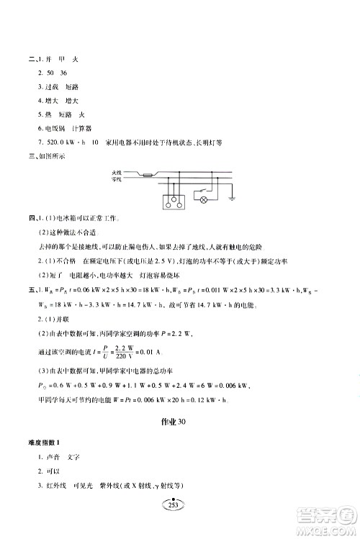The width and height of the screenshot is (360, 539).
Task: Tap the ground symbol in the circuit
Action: tap(233, 198)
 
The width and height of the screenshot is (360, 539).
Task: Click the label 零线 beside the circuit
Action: tap(139, 181)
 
